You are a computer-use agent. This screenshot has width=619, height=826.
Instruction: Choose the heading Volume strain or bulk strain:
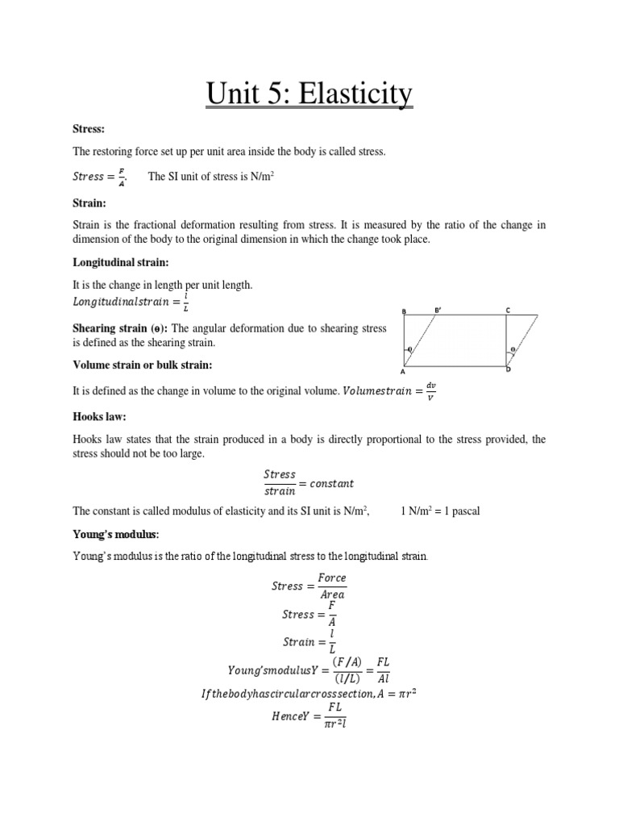tap(142, 365)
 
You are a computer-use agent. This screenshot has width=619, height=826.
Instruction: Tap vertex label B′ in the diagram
tap(438, 310)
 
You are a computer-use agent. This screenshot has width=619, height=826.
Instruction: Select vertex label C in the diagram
tap(508, 310)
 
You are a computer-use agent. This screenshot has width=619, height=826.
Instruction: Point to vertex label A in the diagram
tap(402, 373)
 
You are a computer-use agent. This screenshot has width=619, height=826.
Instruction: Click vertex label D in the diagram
tap(508, 369)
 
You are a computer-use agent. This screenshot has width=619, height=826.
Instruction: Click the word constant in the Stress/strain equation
tap(329, 483)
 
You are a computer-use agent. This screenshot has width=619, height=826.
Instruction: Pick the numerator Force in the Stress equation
tap(331, 578)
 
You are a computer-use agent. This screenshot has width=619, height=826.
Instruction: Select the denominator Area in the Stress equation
tap(331, 594)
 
